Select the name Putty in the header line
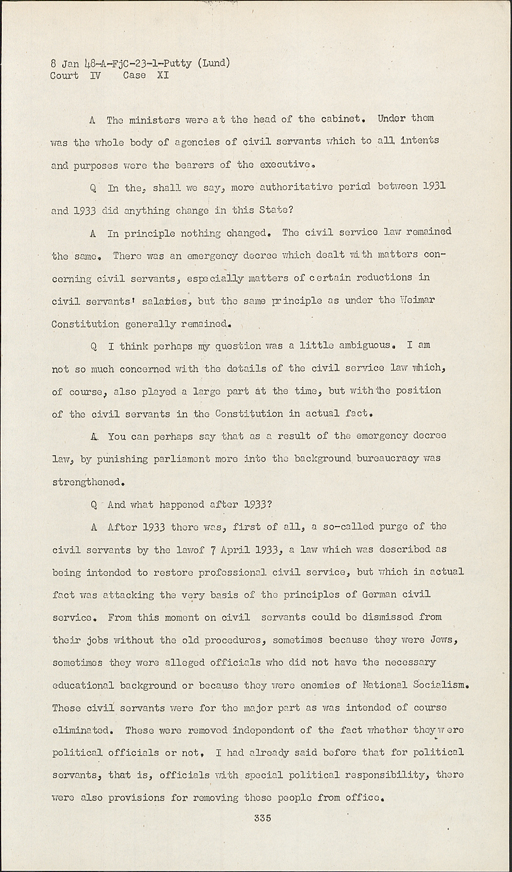[x=178, y=63]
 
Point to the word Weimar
[x=418, y=301]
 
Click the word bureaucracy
[x=383, y=459]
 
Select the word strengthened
[x=88, y=482]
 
